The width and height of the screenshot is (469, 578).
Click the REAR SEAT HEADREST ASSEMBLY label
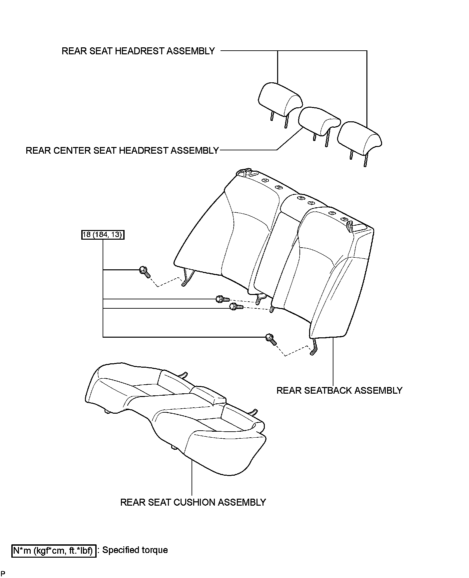(138, 51)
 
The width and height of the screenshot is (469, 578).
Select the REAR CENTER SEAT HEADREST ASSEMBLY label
(122, 151)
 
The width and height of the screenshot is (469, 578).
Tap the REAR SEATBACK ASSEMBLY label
(339, 390)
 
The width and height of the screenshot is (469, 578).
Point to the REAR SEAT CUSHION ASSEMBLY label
(193, 502)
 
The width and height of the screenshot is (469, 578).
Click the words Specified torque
(135, 550)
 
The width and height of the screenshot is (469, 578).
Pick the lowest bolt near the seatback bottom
(271, 339)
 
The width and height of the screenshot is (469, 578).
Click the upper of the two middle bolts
(223, 299)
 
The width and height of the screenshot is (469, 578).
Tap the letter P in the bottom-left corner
(3, 573)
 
